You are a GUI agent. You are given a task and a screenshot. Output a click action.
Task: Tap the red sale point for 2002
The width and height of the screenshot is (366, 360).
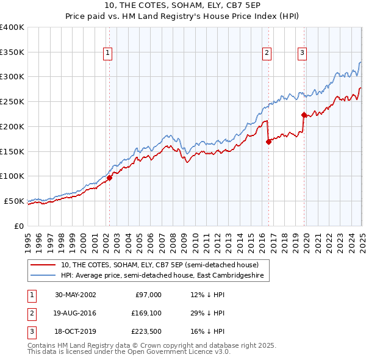tap(110, 178)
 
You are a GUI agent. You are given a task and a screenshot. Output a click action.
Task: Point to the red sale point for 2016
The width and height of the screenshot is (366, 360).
tap(268, 142)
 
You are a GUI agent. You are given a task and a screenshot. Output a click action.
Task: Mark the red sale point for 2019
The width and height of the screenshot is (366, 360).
tap(304, 114)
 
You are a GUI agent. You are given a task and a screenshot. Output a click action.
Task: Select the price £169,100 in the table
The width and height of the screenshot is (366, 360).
tap(147, 313)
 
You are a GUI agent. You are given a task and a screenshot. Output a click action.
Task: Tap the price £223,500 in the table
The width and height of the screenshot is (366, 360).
tap(147, 332)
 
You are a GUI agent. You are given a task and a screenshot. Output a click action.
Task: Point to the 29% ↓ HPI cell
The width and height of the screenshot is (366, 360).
tap(207, 313)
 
